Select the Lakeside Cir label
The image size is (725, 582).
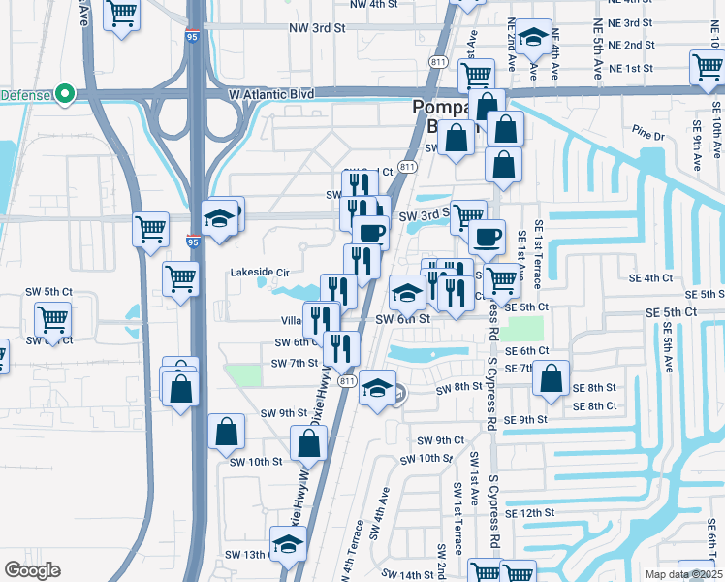coord(260,273)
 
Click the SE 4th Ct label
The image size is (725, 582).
coord(650,277)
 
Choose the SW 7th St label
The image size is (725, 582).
coord(295,363)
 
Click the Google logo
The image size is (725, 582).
coord(32,570)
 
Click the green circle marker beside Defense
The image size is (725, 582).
coord(66,94)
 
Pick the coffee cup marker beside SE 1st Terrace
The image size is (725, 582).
coord(487,236)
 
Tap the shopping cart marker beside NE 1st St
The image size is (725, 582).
coord(476,75)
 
